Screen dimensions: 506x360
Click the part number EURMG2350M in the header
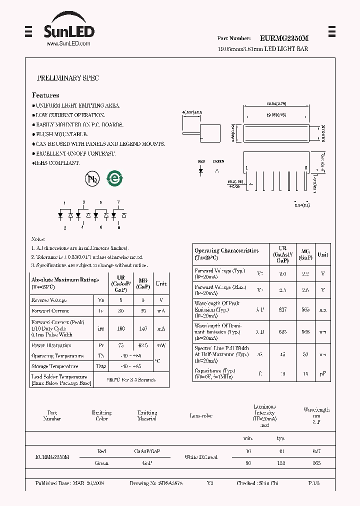click(x=284, y=38)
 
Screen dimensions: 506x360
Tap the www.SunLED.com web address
click(x=68, y=44)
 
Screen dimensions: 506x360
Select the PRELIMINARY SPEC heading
click(x=68, y=78)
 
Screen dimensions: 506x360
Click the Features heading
click(x=45, y=95)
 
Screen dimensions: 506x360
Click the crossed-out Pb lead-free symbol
click(x=92, y=179)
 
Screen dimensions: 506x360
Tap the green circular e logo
click(x=115, y=178)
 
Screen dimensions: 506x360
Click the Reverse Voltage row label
click(x=49, y=300)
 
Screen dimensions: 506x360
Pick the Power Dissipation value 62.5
click(x=143, y=345)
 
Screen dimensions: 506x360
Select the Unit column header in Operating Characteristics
click(x=323, y=254)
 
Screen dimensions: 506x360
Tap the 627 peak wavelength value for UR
click(x=282, y=309)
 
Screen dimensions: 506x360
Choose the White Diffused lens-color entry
click(x=200, y=457)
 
